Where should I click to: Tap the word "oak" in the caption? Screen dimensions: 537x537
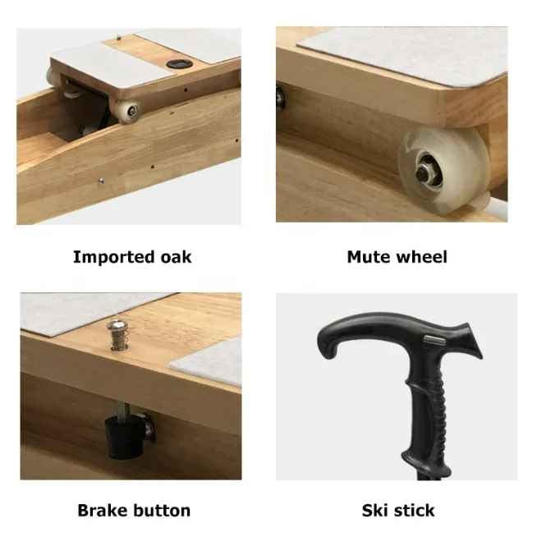tap(176, 258)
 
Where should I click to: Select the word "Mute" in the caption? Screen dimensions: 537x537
tap(369, 257)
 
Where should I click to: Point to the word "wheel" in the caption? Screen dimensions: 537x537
tap(421, 257)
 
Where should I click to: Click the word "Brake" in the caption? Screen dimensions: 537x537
tap(103, 511)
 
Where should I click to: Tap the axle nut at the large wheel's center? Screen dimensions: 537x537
tap(424, 173)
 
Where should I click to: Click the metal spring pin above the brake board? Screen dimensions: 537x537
tap(118, 334)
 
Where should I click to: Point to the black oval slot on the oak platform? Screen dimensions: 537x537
tap(176, 64)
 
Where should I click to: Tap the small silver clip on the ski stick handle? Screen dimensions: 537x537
tap(435, 340)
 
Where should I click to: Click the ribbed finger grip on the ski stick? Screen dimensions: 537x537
tap(437, 411)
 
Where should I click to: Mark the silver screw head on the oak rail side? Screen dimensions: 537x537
tap(101, 181)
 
